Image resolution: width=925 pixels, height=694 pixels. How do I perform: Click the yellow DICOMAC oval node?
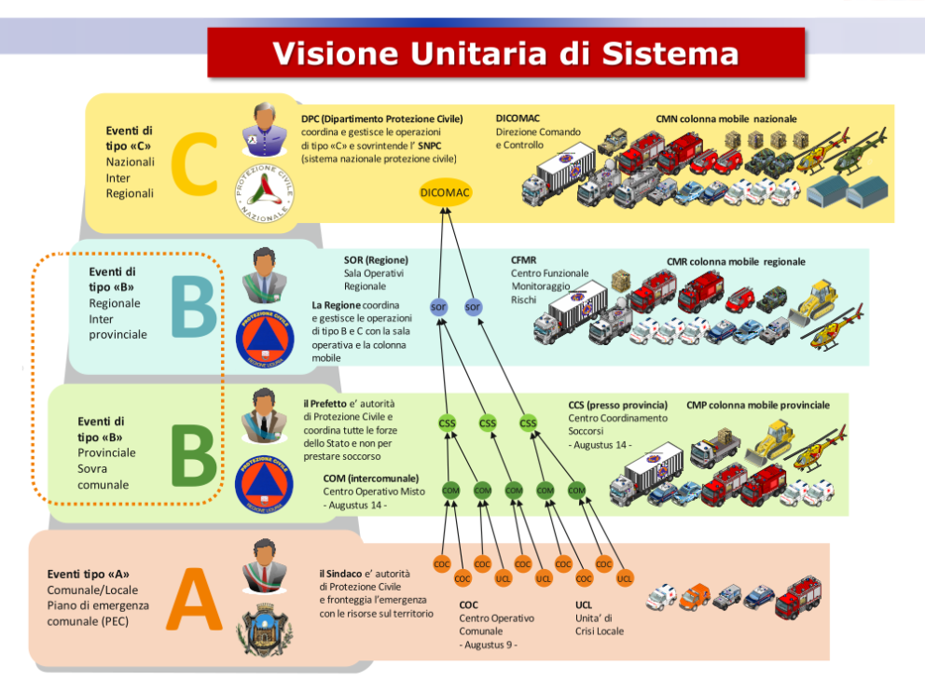click(445, 192)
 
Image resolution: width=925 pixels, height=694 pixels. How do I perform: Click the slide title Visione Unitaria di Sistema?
click(505, 52)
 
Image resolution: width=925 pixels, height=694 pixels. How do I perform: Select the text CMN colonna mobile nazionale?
click(725, 119)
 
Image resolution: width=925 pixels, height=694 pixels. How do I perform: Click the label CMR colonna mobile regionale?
click(736, 262)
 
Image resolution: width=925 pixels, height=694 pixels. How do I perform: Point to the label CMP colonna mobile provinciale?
click(757, 405)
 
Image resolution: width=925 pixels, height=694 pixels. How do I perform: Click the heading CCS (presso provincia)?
click(618, 405)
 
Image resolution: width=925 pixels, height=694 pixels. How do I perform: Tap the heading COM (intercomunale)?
click(371, 479)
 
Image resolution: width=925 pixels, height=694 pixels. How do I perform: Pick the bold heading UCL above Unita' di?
click(584, 604)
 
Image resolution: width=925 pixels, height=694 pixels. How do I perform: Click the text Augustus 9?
click(489, 645)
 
